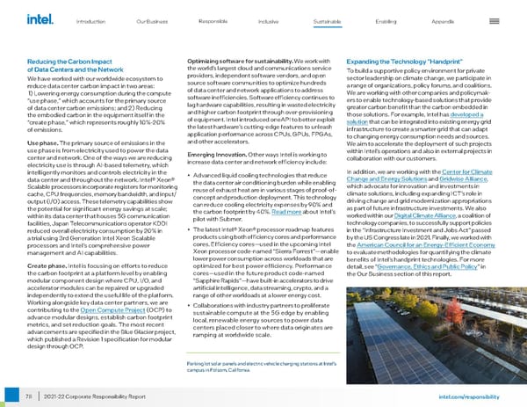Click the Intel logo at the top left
40,18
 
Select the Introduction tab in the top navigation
92,19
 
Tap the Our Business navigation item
153,19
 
